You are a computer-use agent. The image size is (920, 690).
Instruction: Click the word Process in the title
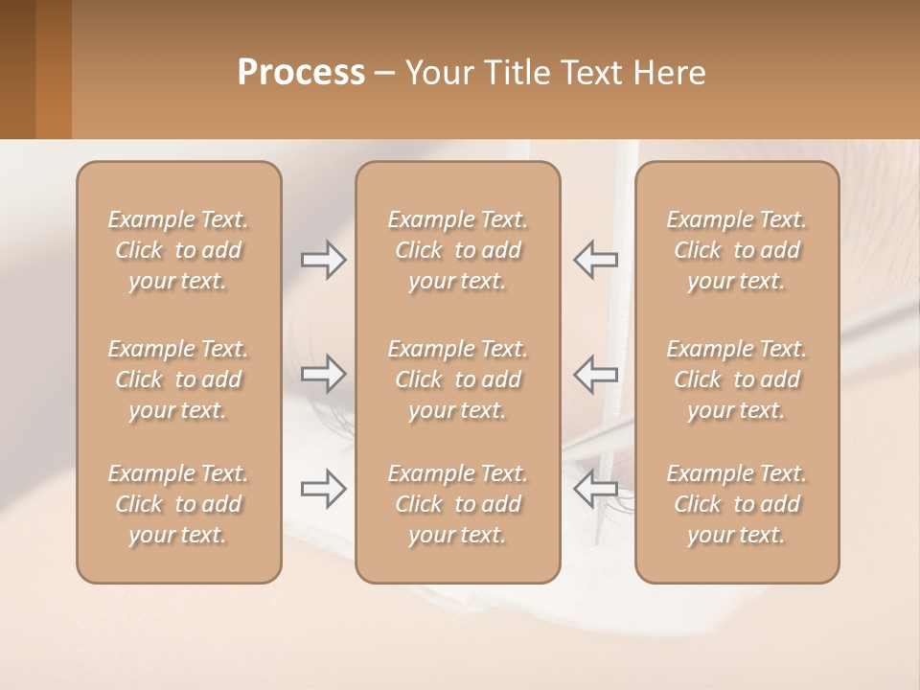(x=301, y=73)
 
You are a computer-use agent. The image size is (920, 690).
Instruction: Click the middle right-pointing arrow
(x=323, y=373)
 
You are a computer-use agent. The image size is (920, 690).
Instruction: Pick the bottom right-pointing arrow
(x=323, y=490)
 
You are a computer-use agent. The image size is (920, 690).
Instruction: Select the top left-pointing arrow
(x=595, y=259)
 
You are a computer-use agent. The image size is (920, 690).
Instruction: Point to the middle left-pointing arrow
(x=595, y=373)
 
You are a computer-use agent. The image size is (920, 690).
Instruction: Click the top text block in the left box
(x=178, y=250)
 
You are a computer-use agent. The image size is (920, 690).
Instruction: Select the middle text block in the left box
(x=178, y=379)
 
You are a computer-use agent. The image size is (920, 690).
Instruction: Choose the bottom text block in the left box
(x=178, y=504)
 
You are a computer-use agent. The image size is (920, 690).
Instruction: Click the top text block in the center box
(x=458, y=250)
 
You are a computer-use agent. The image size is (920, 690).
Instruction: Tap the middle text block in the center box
(x=458, y=379)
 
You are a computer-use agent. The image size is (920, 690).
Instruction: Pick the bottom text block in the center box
(x=458, y=504)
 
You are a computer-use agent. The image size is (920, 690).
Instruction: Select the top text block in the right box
(x=737, y=250)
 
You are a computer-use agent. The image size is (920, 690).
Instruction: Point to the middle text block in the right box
(x=737, y=379)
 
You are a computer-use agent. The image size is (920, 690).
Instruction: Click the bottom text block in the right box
(x=737, y=504)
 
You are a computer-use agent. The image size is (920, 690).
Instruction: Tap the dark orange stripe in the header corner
(x=54, y=69)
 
